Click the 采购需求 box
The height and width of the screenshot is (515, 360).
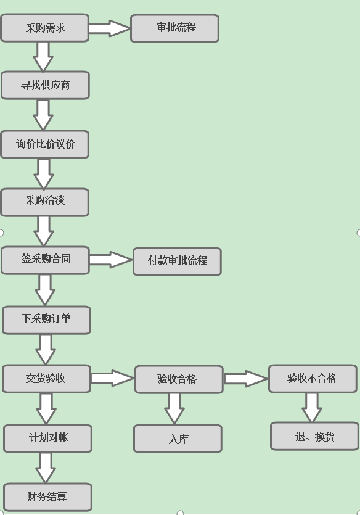tap(44, 28)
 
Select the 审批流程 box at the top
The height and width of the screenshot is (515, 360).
tap(174, 28)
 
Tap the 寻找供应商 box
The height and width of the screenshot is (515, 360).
tap(45, 85)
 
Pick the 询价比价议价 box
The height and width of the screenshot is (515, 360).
tap(44, 144)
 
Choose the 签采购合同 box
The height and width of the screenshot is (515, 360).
tap(45, 260)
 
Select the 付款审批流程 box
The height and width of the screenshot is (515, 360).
tap(177, 261)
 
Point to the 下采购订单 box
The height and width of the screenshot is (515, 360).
tap(46, 319)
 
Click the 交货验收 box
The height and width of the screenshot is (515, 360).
tap(46, 379)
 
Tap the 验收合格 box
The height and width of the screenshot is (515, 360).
tap(178, 379)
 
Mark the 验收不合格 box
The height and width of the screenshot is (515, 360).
tap(313, 379)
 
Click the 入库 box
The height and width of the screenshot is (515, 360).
tap(178, 439)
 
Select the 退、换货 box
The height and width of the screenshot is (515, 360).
tap(314, 436)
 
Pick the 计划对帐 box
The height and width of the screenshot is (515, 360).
tap(47, 438)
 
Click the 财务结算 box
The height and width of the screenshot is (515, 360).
tap(47, 496)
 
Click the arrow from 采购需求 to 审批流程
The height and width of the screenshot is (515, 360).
tap(110, 28)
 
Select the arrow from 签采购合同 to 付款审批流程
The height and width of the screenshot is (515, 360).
tap(111, 260)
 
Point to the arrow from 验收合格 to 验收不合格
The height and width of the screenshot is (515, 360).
tap(245, 379)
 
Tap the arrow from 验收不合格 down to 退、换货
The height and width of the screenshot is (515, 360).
tap(311, 407)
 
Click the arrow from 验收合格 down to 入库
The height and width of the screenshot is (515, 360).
tap(174, 408)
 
